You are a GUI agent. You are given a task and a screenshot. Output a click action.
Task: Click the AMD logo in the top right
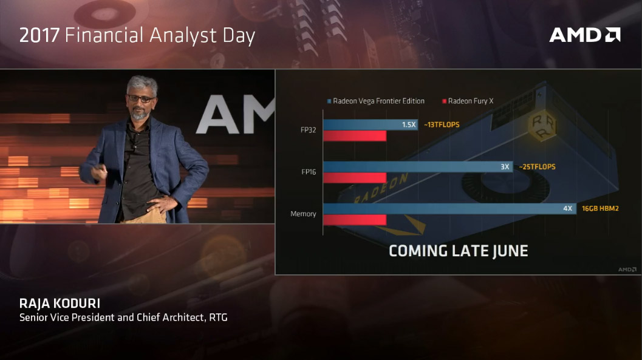pyautogui.click(x=585, y=35)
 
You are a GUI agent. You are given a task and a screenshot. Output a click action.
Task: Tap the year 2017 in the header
pyautogui.click(x=39, y=35)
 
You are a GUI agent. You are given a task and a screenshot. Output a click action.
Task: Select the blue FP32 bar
pyautogui.click(x=371, y=125)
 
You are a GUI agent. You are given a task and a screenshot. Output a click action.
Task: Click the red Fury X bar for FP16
pyautogui.click(x=355, y=177)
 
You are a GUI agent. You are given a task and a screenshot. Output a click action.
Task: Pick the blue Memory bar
pyautogui.click(x=449, y=209)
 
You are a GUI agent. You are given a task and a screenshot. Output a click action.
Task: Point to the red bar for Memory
pyautogui.click(x=355, y=220)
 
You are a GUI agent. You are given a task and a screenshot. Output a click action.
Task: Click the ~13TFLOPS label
pyautogui.click(x=442, y=125)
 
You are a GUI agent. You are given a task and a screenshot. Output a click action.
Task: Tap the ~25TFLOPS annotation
pyautogui.click(x=537, y=167)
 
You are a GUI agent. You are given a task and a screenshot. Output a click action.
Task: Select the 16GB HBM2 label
pyautogui.click(x=600, y=209)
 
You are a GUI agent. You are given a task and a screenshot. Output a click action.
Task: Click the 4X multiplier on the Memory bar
pyautogui.click(x=567, y=209)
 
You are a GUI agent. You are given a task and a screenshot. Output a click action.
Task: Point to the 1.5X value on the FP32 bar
pyautogui.click(x=409, y=125)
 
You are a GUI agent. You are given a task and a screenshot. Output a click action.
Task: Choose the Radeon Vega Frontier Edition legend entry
pyautogui.click(x=376, y=101)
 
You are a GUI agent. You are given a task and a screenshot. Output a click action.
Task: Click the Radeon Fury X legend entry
pyautogui.click(x=468, y=101)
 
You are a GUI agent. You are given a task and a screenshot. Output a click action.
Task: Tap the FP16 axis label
pyautogui.click(x=309, y=172)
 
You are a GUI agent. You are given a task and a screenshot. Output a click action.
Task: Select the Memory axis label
pyautogui.click(x=303, y=214)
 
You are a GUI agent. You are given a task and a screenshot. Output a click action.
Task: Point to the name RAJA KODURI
pyautogui.click(x=60, y=304)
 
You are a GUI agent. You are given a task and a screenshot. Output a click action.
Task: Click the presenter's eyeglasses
pyautogui.click(x=141, y=99)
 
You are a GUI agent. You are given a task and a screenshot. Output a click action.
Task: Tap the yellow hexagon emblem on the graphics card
pyautogui.click(x=542, y=126)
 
